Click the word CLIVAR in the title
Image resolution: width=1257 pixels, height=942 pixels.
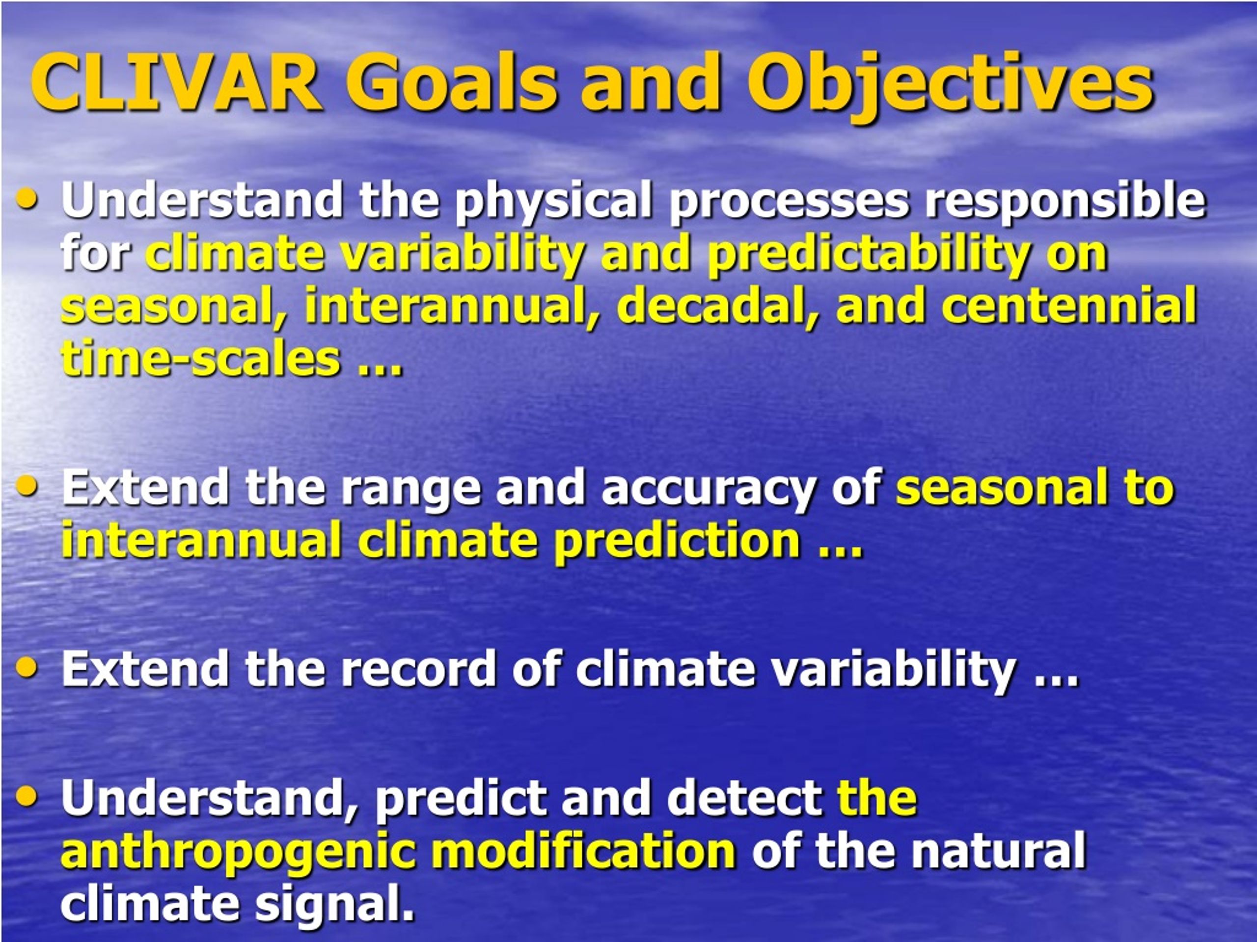pos(176,82)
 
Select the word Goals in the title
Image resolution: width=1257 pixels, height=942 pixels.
pos(452,82)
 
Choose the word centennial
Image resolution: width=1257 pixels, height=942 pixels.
pos(1069,307)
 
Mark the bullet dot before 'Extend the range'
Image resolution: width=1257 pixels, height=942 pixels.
pos(27,486)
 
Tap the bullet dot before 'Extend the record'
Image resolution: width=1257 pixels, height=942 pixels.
pos(27,667)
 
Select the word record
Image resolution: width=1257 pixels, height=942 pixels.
pos(418,668)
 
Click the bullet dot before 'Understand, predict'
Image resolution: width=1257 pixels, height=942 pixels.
pos(27,796)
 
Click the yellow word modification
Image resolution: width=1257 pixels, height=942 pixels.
pos(584,851)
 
